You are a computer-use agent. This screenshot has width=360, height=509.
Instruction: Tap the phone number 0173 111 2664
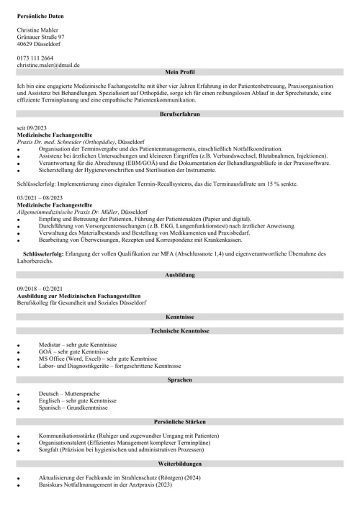[35, 58]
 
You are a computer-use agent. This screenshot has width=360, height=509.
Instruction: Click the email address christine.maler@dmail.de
[48, 65]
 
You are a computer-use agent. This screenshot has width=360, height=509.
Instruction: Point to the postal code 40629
[25, 44]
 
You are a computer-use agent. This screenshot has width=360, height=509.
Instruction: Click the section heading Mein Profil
[180, 72]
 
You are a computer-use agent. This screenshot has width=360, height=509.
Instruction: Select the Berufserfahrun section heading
[180, 114]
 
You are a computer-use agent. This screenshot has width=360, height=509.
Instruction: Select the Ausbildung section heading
[180, 275]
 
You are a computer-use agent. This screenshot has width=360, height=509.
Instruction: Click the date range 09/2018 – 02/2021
[40, 289]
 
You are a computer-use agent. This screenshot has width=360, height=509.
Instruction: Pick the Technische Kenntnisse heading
[180, 330]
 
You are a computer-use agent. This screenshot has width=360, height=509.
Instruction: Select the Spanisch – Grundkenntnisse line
[73, 407]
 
